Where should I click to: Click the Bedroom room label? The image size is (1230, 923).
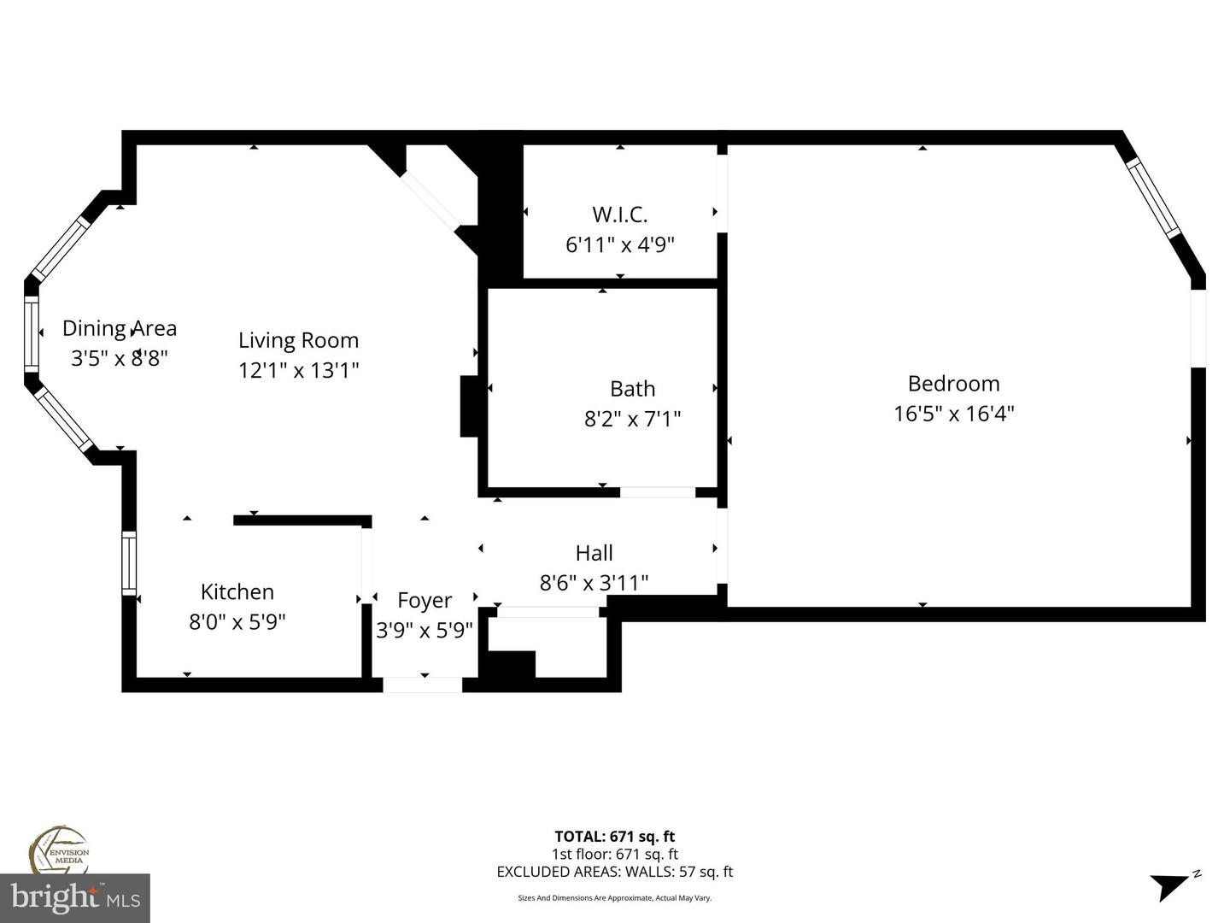[953, 384]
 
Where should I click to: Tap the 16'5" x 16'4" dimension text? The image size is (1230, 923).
[953, 414]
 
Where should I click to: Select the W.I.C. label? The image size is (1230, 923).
[620, 214]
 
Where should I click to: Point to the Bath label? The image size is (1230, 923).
[632, 389]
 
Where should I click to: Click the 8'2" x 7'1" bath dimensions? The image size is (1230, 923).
[632, 419]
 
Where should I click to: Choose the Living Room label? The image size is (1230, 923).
[298, 340]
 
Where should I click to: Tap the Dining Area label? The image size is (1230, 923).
[120, 328]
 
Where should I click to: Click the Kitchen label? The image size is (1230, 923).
[237, 591]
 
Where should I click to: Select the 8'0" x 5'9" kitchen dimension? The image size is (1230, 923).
[237, 621]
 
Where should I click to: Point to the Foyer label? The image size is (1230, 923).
[425, 600]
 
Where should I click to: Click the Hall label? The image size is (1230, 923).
[594, 553]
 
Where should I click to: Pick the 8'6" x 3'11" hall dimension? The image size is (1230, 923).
[594, 583]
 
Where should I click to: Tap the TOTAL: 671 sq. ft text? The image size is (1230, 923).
[615, 837]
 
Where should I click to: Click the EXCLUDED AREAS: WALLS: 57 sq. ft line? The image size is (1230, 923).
[615, 872]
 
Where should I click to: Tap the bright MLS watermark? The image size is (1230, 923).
[75, 897]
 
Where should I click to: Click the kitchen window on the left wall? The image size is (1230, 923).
[129, 562]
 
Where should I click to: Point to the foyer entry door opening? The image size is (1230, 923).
[422, 685]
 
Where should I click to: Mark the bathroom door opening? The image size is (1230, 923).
[657, 492]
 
